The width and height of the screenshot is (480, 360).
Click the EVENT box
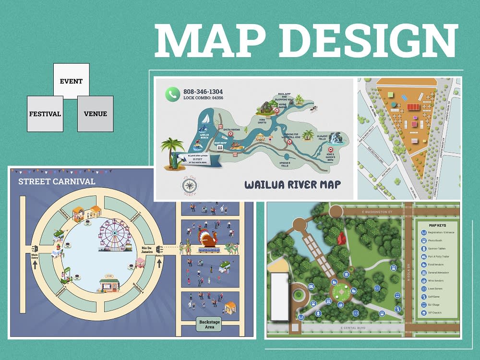click(x=71, y=81)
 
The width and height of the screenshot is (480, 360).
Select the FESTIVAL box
click(x=45, y=114)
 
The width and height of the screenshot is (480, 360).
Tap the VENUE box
click(x=96, y=114)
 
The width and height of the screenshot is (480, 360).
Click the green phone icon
click(x=172, y=94)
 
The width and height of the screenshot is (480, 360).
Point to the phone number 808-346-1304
click(x=203, y=91)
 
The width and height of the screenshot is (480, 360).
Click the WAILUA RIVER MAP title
click(x=292, y=184)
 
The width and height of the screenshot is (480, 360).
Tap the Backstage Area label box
click(x=209, y=324)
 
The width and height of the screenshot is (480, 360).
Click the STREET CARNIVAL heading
click(x=57, y=181)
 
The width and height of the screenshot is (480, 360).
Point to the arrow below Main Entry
click(x=35, y=263)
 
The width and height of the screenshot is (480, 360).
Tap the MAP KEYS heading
click(x=437, y=225)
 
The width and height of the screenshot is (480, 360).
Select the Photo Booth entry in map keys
click(x=436, y=240)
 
